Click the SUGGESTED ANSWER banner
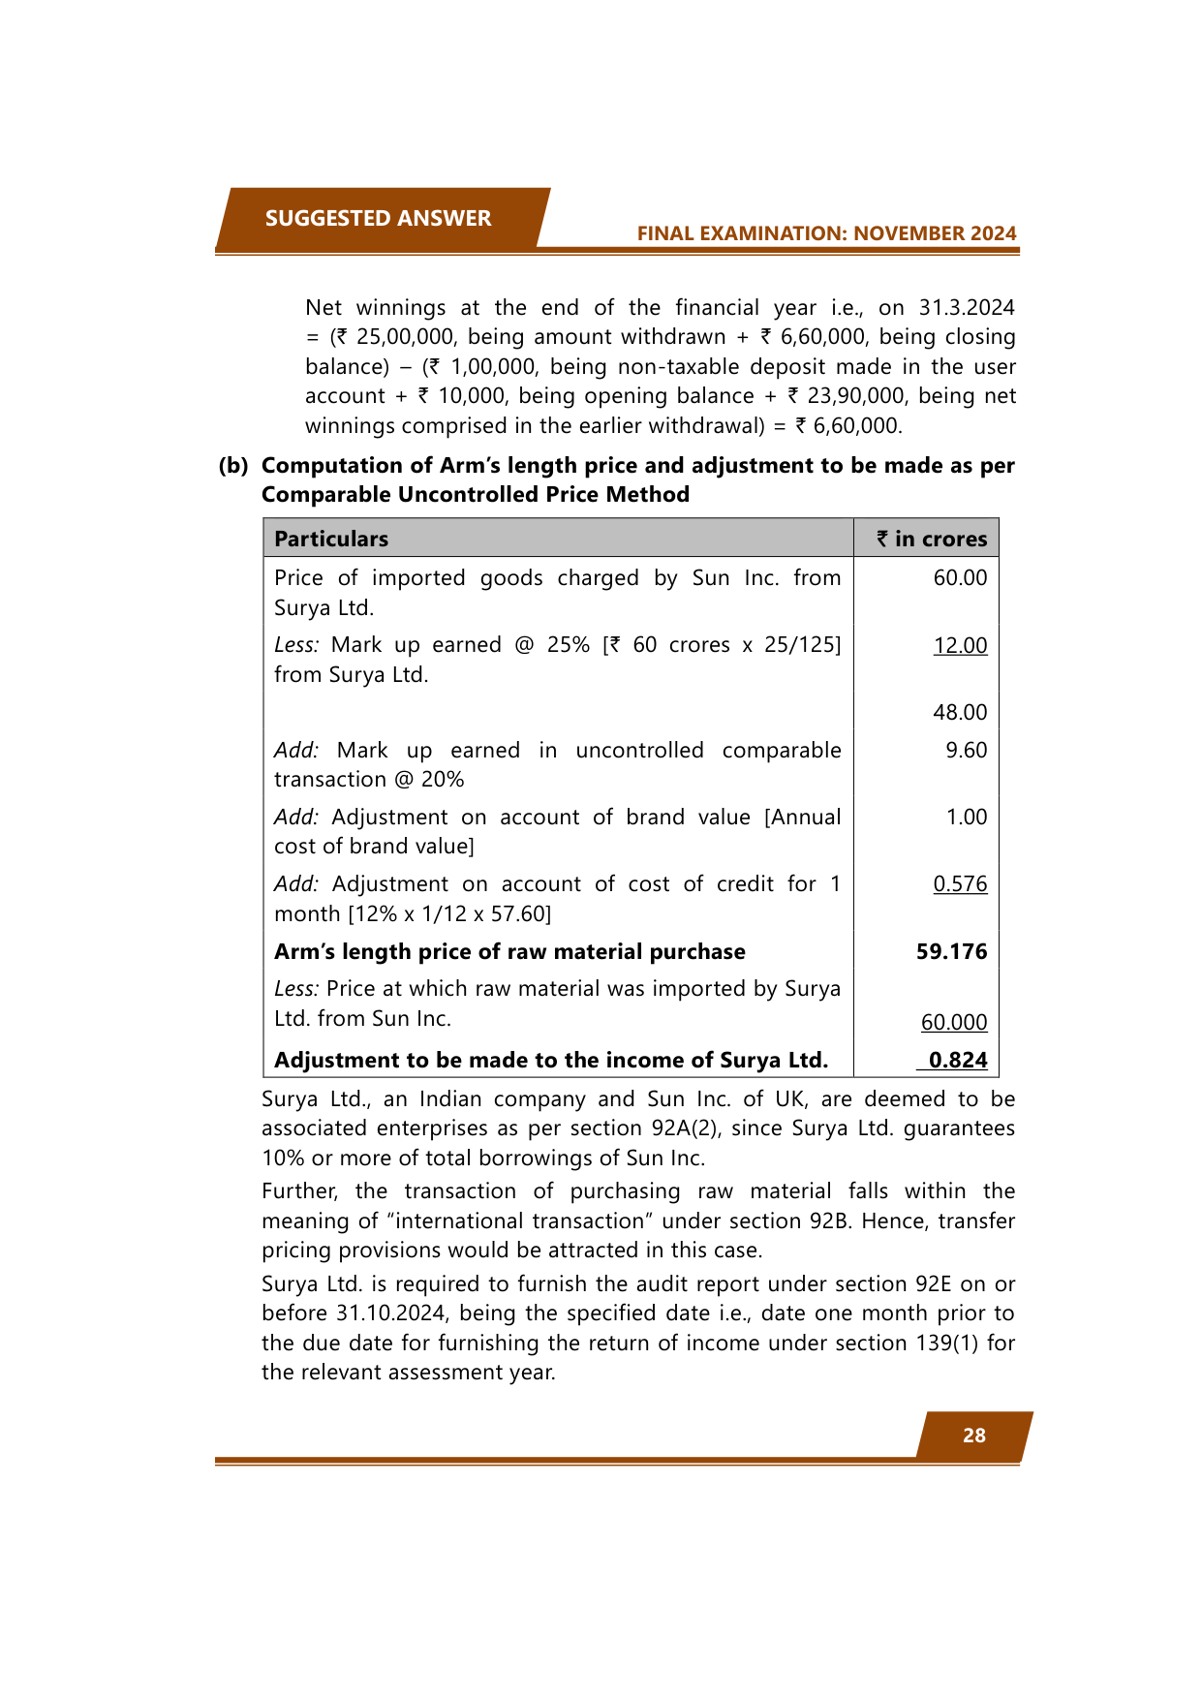[379, 219]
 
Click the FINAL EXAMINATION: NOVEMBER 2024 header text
[826, 233]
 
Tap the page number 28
[973, 1436]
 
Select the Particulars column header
[331, 539]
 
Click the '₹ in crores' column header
[932, 539]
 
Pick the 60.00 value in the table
[960, 578]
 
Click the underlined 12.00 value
[960, 645]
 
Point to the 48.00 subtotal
[960, 712]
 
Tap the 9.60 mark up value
[966, 750]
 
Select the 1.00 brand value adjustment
[966, 817]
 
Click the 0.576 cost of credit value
[960, 883]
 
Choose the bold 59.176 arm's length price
[951, 951]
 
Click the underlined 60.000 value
[954, 1022]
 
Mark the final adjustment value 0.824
[957, 1060]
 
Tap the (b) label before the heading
[232, 466]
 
